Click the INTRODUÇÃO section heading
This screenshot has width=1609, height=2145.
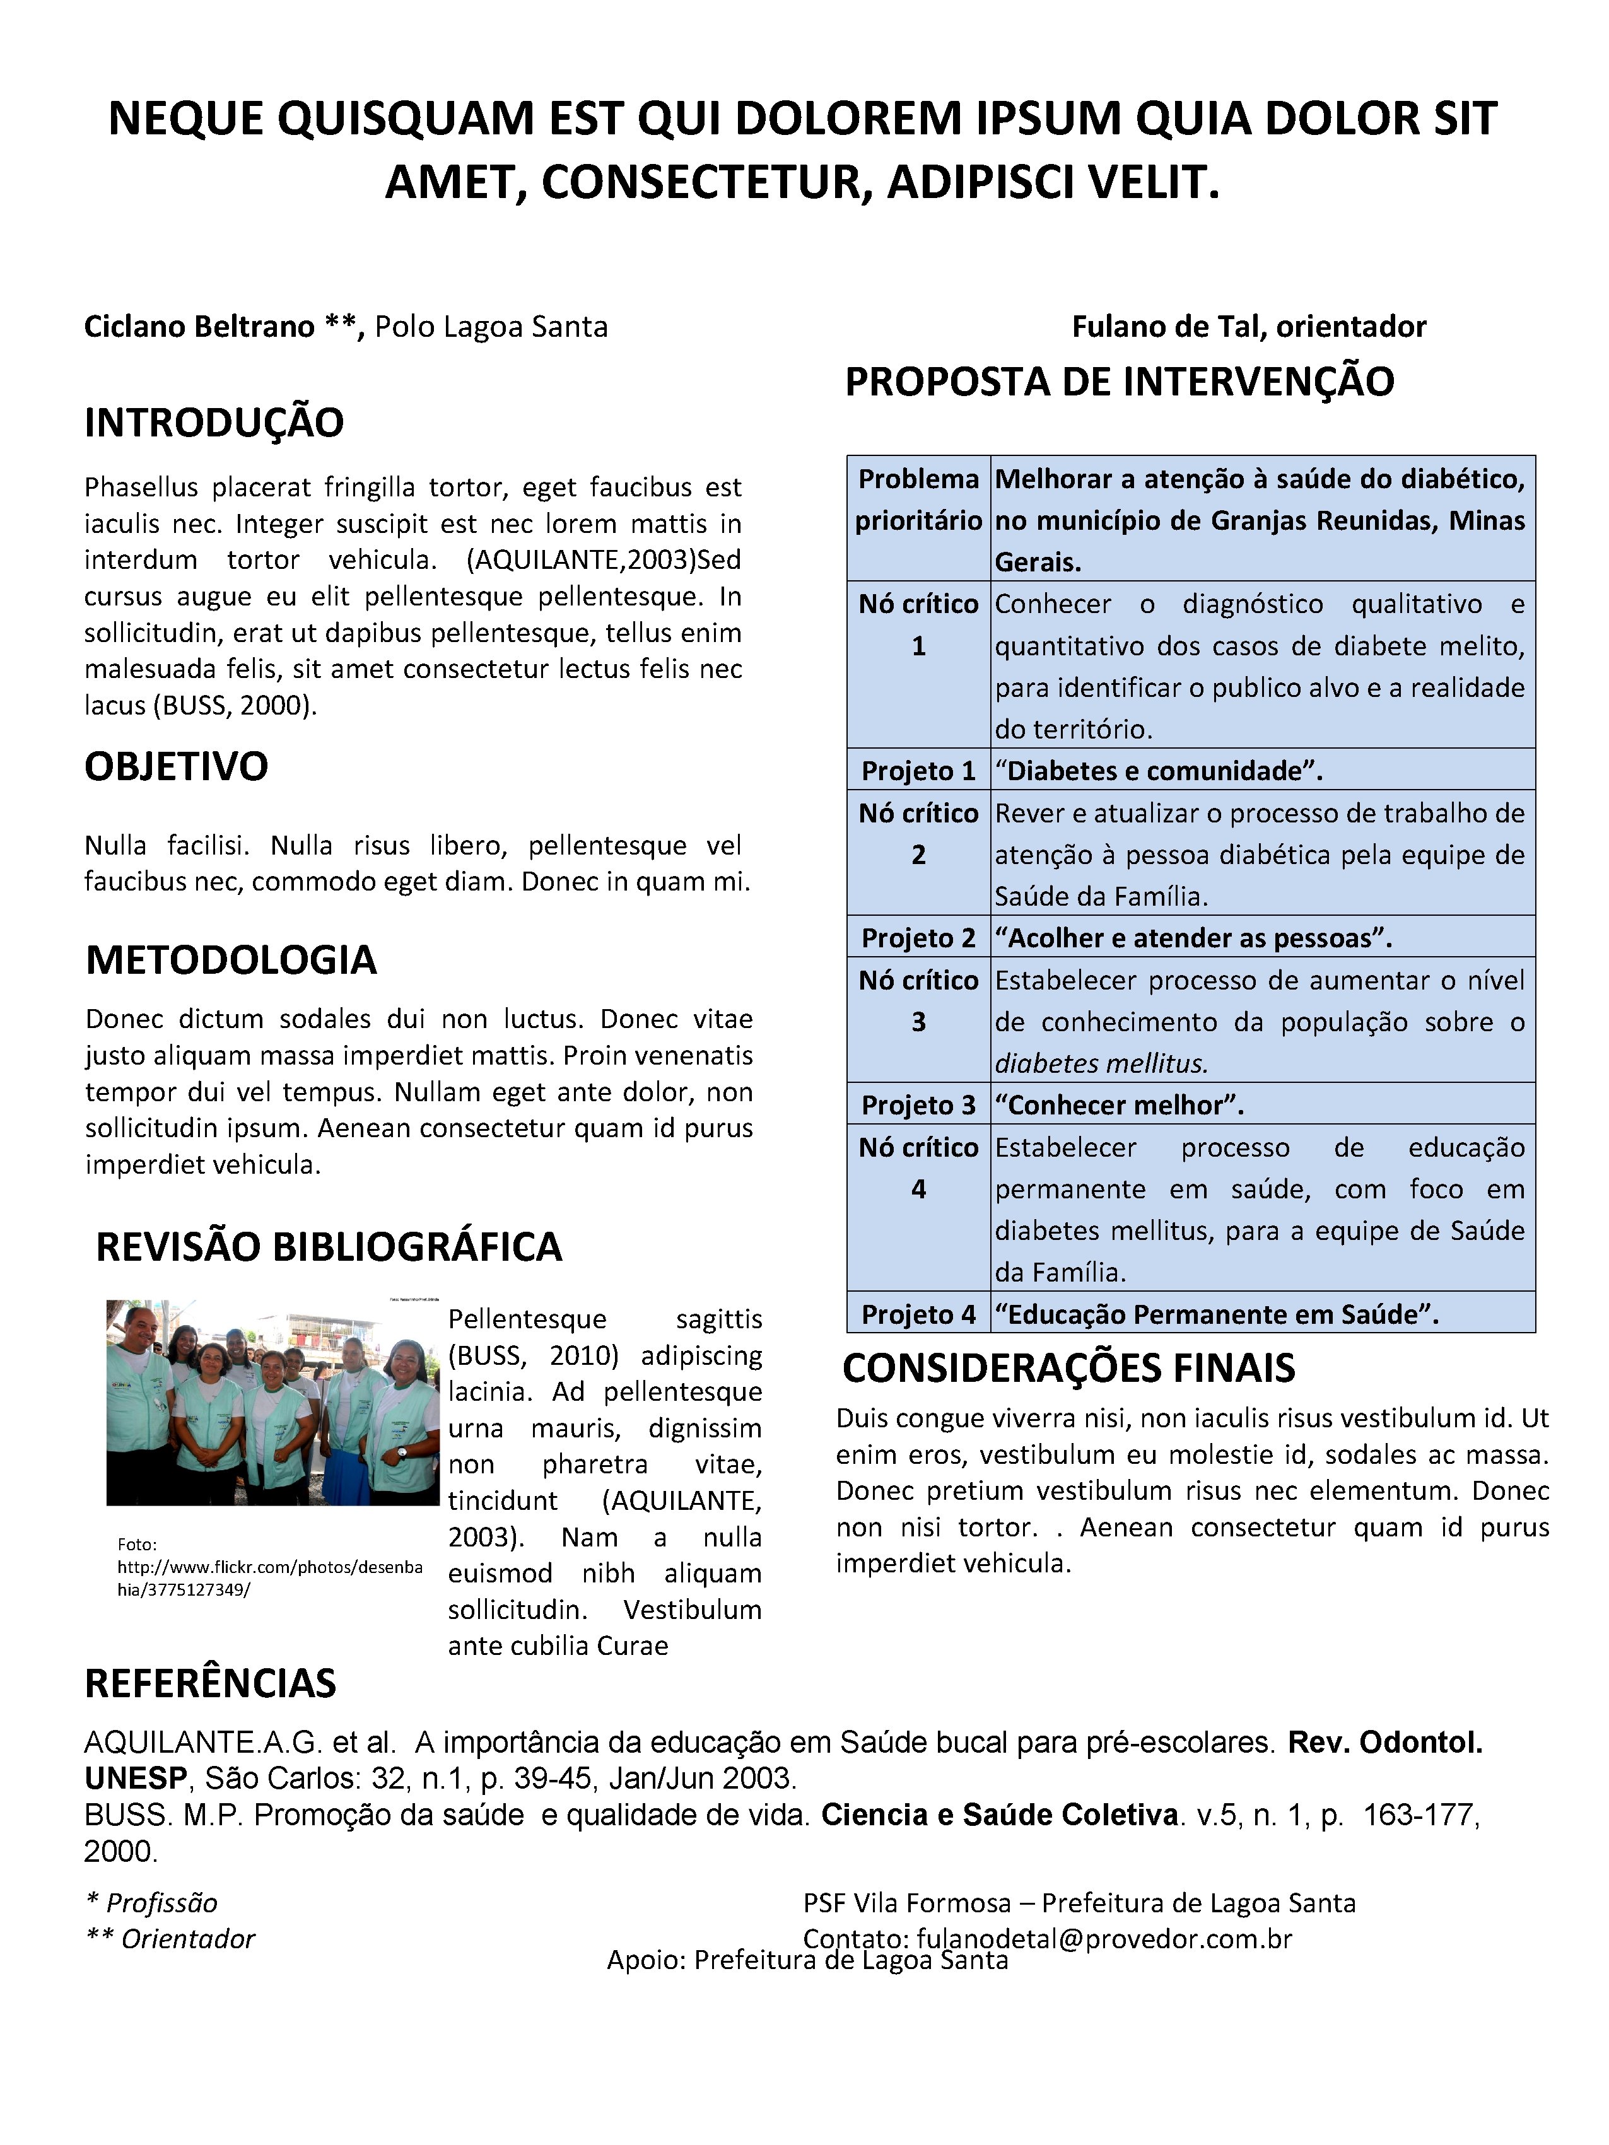click(x=214, y=423)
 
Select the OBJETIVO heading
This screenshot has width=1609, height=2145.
click(x=177, y=766)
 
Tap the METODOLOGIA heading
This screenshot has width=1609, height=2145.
click(x=231, y=960)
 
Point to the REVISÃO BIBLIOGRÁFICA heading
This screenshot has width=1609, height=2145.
click(x=329, y=1247)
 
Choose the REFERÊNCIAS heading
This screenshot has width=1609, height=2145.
click(x=211, y=1683)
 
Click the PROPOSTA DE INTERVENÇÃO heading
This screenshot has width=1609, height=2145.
click(x=1119, y=381)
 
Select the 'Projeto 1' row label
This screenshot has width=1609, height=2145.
click(x=918, y=771)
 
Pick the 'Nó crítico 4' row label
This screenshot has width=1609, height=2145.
click(x=918, y=1169)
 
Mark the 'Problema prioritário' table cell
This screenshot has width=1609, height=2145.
click(x=918, y=500)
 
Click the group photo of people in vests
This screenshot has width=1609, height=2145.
click(x=272, y=1402)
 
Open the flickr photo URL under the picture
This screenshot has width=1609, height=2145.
click(x=269, y=1567)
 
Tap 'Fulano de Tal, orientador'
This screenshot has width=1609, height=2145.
click(x=1248, y=327)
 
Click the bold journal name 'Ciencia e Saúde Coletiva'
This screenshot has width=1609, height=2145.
click(x=999, y=1815)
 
